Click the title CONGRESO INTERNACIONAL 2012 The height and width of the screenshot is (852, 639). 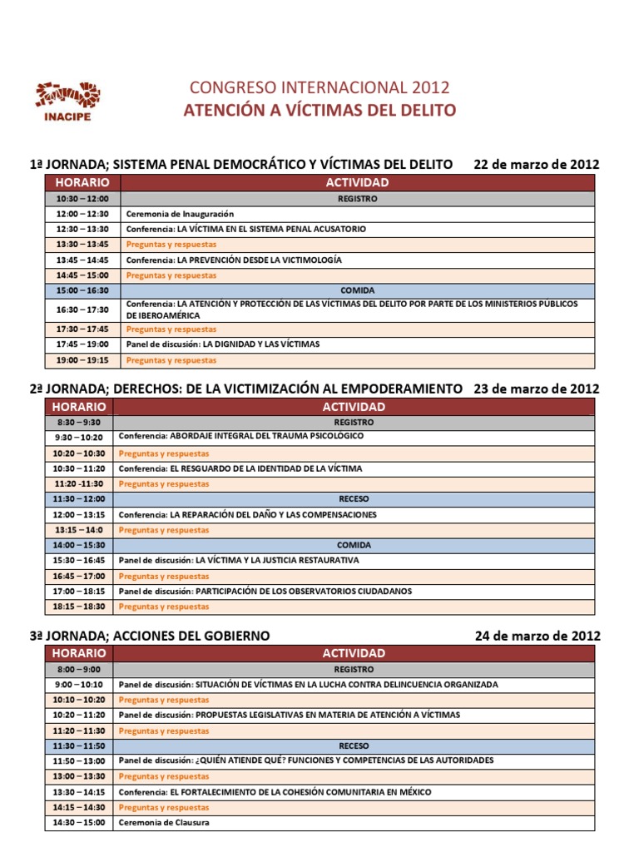(319, 87)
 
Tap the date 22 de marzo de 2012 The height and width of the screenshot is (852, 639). (536, 164)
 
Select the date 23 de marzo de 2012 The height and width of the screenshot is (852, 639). (536, 389)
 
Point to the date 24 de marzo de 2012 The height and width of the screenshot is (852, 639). (537, 635)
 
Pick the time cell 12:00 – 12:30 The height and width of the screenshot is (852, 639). (83, 214)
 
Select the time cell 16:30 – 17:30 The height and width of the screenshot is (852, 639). (83, 310)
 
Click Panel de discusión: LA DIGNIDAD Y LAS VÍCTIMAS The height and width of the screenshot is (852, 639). (223, 344)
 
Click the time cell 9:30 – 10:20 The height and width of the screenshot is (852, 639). (79, 437)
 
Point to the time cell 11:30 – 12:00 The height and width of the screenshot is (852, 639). (79, 499)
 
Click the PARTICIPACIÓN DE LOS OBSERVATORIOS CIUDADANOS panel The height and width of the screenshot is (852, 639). (265, 592)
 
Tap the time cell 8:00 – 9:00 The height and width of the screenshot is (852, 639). (79, 669)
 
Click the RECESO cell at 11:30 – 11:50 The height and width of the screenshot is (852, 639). (354, 745)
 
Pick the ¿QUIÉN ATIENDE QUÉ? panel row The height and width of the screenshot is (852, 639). (306, 760)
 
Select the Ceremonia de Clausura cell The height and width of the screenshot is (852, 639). (164, 823)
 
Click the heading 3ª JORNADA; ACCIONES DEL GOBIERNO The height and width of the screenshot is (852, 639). (150, 635)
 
